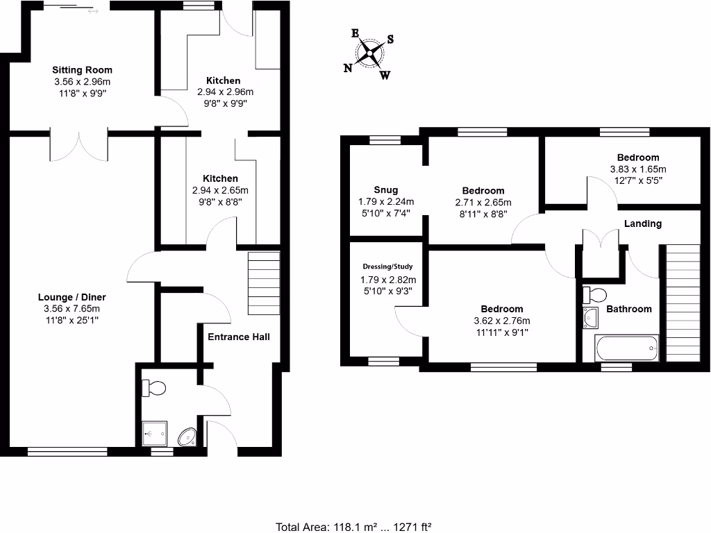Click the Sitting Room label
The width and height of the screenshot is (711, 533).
tap(82, 70)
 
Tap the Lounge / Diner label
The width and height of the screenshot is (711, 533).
tap(72, 297)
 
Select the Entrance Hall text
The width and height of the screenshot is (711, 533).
tap(239, 337)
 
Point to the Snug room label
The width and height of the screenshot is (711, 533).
tap(385, 189)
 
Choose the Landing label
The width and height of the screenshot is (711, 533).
tap(642, 223)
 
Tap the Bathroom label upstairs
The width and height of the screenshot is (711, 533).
tap(629, 309)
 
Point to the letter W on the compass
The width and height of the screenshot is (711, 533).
tap(384, 75)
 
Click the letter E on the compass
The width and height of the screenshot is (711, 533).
tap(355, 33)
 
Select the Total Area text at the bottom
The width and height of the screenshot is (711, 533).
tap(354, 526)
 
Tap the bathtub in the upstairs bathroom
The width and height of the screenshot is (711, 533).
tap(626, 348)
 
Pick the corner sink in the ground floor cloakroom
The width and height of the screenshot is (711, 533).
tap(187, 437)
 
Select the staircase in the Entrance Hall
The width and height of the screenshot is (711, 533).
tap(263, 284)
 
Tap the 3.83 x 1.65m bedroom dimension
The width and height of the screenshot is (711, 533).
tap(637, 169)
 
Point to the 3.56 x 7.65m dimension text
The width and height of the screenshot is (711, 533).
tap(72, 309)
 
